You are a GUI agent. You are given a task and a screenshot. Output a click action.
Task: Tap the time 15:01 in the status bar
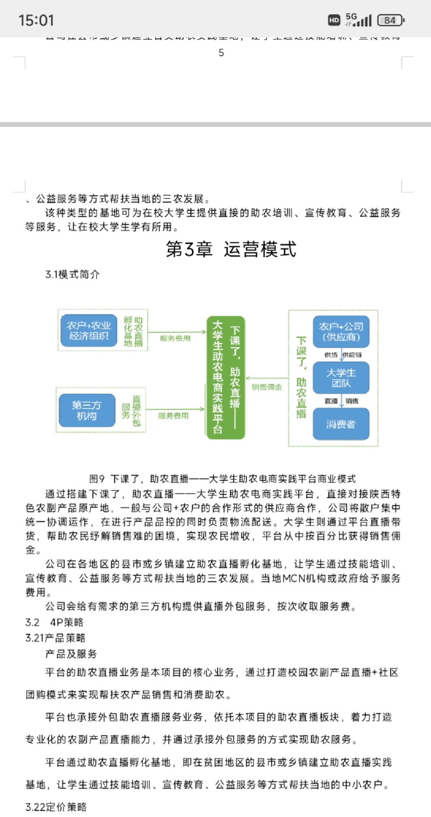point(36,20)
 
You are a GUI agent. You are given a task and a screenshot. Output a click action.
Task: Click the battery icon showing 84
point(391,20)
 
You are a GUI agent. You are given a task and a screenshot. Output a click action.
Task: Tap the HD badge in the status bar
point(334,20)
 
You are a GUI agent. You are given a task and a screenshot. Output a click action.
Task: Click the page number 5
point(221,53)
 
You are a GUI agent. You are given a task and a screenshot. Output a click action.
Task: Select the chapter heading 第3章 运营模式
point(231,249)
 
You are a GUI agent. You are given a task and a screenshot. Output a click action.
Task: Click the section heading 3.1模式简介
point(72,274)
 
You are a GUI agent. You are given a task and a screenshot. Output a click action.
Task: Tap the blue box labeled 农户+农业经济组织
point(89,330)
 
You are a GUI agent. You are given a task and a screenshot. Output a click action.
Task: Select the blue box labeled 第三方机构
point(87,410)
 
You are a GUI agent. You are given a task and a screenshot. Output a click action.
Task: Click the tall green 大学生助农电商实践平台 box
point(225,378)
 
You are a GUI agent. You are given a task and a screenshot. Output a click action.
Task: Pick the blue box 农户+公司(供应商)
point(341,332)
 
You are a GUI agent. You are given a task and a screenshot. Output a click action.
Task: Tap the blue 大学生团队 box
point(341,378)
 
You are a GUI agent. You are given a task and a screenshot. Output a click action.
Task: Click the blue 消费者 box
point(341,424)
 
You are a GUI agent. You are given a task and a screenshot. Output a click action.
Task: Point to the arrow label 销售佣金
point(267,387)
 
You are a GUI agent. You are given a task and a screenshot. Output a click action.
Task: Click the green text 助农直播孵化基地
point(133,331)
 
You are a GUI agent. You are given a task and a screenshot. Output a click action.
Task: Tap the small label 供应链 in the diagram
point(352,355)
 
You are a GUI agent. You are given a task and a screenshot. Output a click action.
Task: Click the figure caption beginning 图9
point(222,479)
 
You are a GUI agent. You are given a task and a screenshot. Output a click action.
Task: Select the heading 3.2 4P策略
point(54,622)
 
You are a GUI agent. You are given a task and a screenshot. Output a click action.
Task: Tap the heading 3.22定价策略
point(56,807)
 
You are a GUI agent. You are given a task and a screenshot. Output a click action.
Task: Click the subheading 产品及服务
point(71,654)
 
